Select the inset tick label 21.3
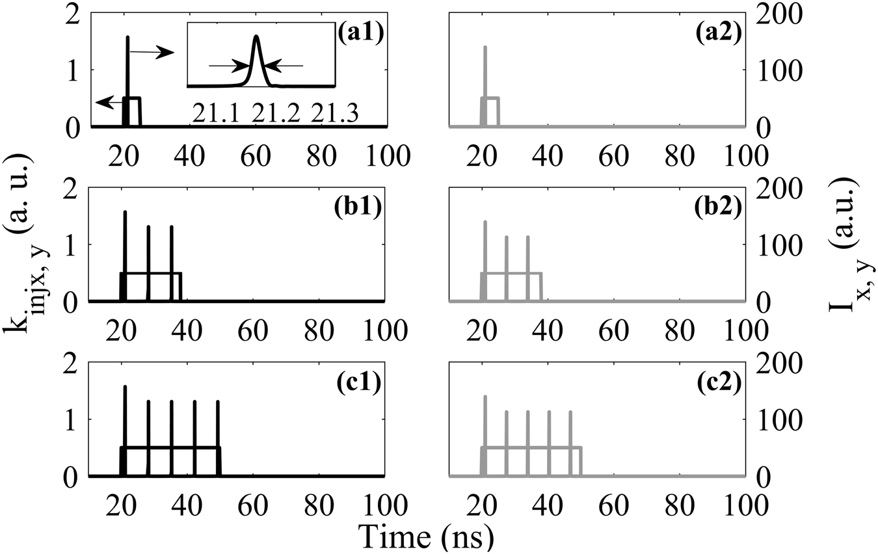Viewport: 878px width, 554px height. pyautogui.click(x=333, y=113)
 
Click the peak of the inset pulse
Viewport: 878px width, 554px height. pyautogui.click(x=256, y=36)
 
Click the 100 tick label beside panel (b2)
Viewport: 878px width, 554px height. pyautogui.click(x=778, y=244)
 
